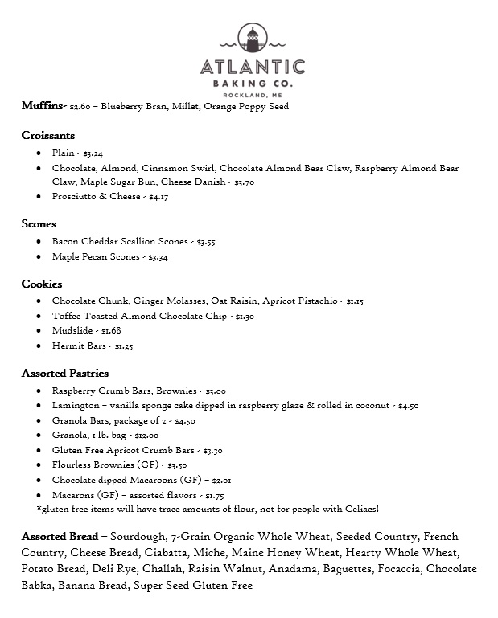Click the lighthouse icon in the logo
click(x=252, y=38)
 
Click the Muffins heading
click(x=43, y=106)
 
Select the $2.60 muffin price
click(x=80, y=107)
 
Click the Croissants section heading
click(x=48, y=136)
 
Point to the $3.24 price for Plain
click(x=93, y=153)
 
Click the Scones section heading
click(x=39, y=224)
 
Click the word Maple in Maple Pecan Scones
click(x=66, y=257)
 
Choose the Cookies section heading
click(x=42, y=284)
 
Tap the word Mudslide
click(x=74, y=331)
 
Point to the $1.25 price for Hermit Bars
click(x=123, y=346)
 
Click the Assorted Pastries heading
click(x=65, y=374)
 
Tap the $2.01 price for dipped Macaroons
click(x=221, y=481)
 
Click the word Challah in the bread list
click(x=147, y=570)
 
